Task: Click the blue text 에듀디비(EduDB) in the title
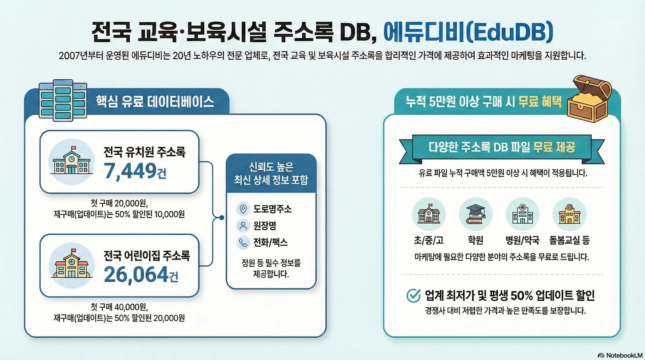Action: point(468,32)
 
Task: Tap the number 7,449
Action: point(130,171)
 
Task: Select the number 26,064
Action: point(136,275)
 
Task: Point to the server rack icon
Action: point(63,100)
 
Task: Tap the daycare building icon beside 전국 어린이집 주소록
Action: point(72,266)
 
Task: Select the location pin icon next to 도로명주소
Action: point(243,209)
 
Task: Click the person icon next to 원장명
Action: point(243,226)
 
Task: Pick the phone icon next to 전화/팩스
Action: point(243,243)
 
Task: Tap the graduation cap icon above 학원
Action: point(476,214)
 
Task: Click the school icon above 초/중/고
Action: point(429,214)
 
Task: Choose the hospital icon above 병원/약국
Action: point(522,214)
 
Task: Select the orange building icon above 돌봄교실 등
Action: point(569,214)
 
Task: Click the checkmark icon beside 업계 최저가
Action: point(414,295)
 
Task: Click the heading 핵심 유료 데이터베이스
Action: point(155,102)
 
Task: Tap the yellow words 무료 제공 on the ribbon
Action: point(554,147)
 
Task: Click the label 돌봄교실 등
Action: point(569,240)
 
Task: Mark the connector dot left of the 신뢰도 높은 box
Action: point(221,218)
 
